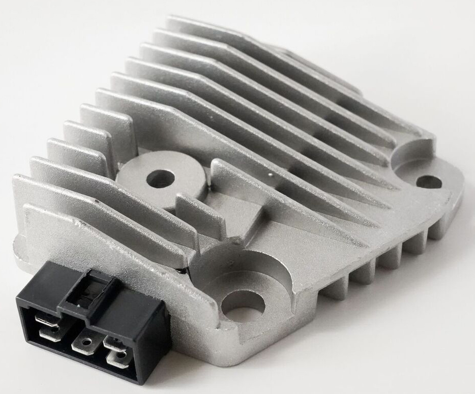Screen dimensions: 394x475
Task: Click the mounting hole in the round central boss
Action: [161, 178]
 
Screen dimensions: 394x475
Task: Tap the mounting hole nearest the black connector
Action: [243, 304]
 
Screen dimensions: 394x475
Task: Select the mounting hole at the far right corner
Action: [429, 181]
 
